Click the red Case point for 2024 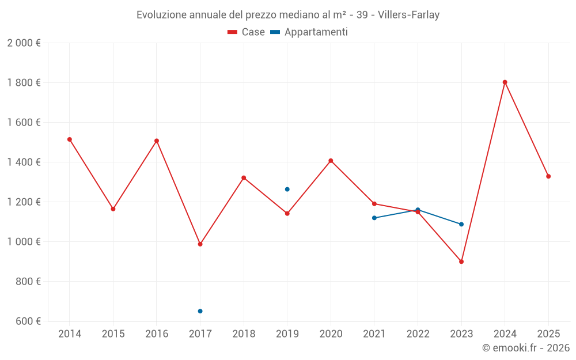click(505, 82)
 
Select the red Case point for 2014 click(70, 139)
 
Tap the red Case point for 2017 click(200, 244)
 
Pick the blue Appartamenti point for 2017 click(200, 311)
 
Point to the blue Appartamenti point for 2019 click(287, 190)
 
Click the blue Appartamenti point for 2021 click(374, 218)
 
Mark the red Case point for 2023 click(461, 262)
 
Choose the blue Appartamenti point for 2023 click(461, 224)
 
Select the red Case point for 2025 click(548, 176)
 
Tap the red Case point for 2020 click(331, 161)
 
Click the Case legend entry click(247, 32)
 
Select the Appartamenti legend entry click(309, 32)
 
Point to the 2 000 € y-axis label click(24, 43)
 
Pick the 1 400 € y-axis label click(24, 162)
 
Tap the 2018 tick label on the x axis click(244, 334)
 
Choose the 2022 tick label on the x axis click(418, 334)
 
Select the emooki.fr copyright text click(526, 348)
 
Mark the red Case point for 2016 click(157, 141)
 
